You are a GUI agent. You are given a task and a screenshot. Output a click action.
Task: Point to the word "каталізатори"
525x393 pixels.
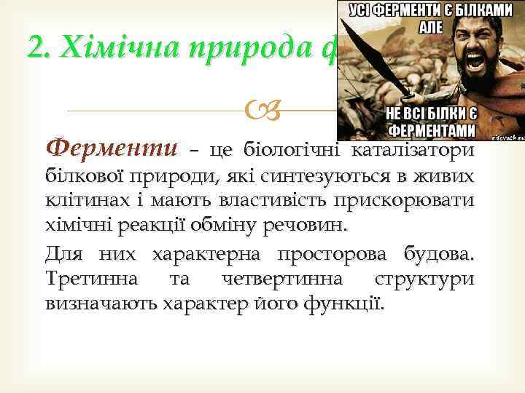click(413, 151)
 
